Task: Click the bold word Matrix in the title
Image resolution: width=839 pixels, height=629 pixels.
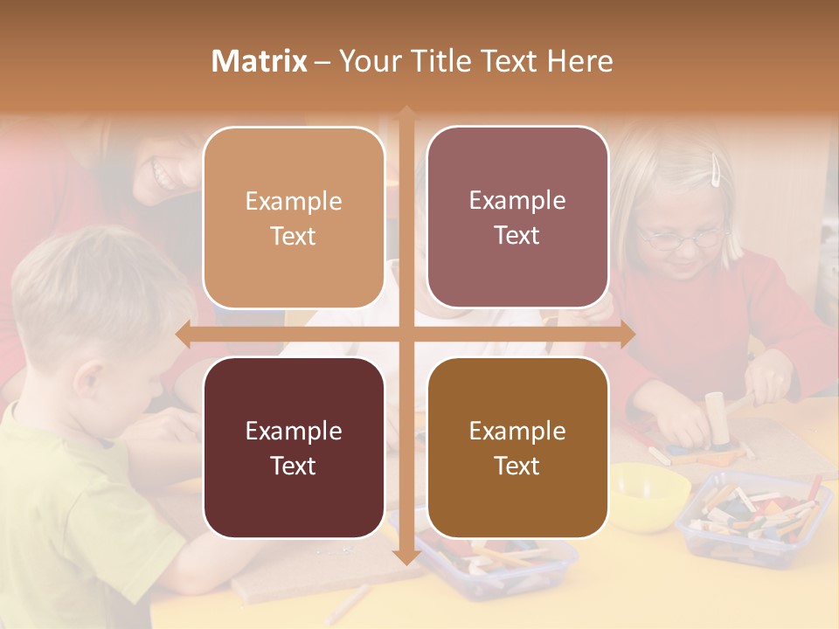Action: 259,61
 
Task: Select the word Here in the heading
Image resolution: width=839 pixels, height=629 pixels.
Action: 579,61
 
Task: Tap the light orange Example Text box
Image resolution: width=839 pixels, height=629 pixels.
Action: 294,218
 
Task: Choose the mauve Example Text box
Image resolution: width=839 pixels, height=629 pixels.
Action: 517,218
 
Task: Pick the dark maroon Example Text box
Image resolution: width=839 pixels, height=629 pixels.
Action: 294,447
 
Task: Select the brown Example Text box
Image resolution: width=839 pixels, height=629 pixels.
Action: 517,447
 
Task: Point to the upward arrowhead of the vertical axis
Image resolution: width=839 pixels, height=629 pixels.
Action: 406,114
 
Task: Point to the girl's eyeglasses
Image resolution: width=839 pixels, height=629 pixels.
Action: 682,237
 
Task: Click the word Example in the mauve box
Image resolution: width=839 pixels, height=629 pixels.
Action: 517,201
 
